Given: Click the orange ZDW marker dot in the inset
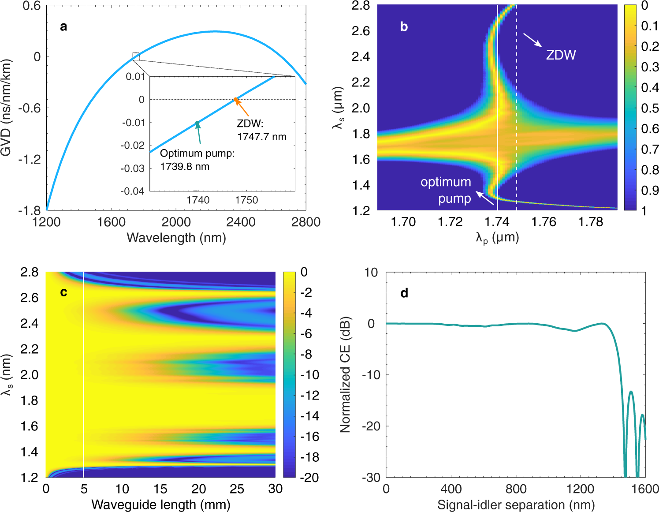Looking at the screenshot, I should [x=235, y=99].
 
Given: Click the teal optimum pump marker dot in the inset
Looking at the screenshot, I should [x=197, y=123].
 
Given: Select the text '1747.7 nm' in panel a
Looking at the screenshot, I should [x=262, y=137].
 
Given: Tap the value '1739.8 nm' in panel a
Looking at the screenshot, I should [x=185, y=167].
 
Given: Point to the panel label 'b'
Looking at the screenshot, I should [x=404, y=27].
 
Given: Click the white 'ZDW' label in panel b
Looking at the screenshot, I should [x=561, y=55].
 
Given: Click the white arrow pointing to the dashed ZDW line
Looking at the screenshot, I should [x=532, y=40].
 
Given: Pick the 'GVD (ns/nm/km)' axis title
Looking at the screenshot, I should [x=6, y=108].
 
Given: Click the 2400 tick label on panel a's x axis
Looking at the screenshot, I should [x=241, y=222].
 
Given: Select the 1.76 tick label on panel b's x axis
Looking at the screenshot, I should [x=544, y=222].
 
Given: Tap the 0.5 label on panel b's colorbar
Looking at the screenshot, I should [x=650, y=108].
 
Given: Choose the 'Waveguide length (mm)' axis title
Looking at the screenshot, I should [x=160, y=505].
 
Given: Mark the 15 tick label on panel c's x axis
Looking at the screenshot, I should [x=160, y=489].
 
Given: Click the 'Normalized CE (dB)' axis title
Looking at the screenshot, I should [x=345, y=374].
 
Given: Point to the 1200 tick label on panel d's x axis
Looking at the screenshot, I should [x=581, y=489].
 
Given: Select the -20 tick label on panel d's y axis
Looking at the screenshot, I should [x=371, y=426].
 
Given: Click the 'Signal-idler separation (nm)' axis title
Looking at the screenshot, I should [x=516, y=505].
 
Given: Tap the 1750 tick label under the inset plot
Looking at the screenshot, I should [x=246, y=200].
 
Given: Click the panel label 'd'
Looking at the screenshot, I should [x=404, y=293].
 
